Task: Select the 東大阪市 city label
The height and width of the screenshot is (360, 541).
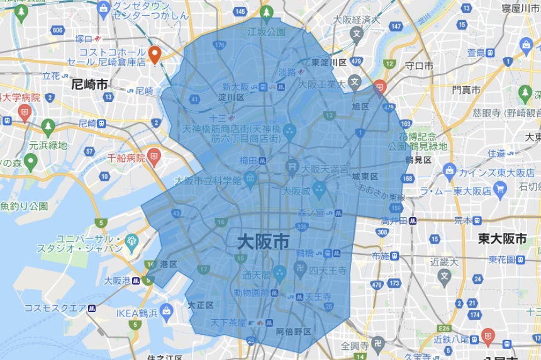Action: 501,239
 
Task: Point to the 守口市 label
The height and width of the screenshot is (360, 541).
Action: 418,65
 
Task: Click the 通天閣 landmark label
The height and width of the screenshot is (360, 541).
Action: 256,274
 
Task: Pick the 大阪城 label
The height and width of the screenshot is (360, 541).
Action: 295,189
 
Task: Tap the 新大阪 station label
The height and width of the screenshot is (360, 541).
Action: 236,87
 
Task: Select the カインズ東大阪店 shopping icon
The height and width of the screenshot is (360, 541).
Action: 449,170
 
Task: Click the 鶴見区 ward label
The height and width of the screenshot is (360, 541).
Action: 418,160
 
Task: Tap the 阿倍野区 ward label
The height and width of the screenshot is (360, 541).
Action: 293,331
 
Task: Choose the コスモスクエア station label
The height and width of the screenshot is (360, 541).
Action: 54,308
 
